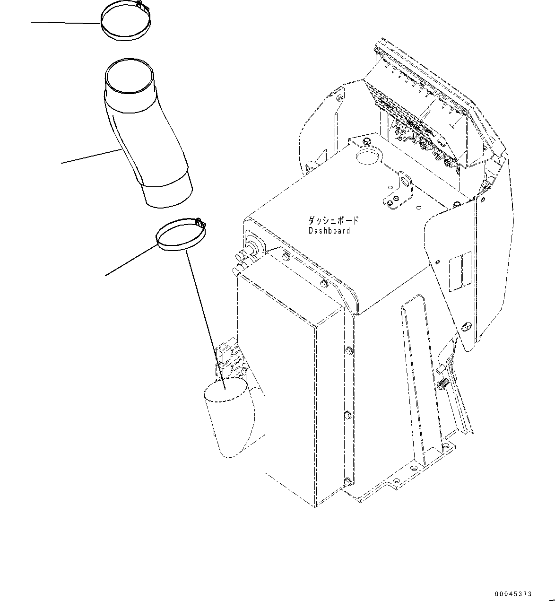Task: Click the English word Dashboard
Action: click(329, 231)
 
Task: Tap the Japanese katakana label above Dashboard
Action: click(333, 221)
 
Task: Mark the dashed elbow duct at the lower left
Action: click(227, 416)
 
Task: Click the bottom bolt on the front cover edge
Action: click(347, 481)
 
